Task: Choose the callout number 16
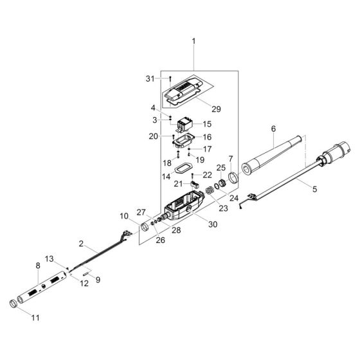click(x=207, y=137)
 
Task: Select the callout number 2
click(x=82, y=245)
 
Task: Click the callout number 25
click(x=221, y=168)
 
